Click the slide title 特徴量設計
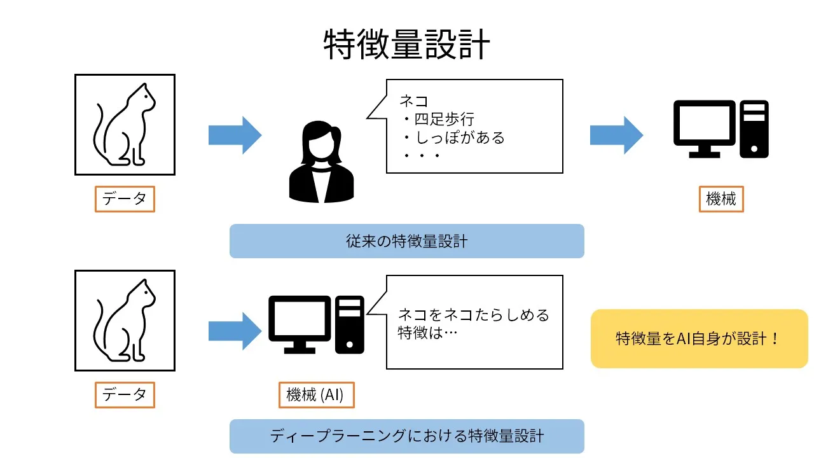click(x=407, y=45)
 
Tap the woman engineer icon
click(x=322, y=162)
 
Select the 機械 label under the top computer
click(x=721, y=199)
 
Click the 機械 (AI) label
click(x=315, y=394)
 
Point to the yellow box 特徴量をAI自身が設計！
click(x=699, y=338)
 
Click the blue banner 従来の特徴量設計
click(x=406, y=241)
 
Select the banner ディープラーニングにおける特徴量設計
click(x=406, y=436)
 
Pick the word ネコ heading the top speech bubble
click(x=414, y=101)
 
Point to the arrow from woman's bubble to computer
click(x=616, y=135)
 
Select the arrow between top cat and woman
click(x=235, y=135)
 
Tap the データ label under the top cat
click(x=125, y=199)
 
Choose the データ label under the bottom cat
click(x=125, y=394)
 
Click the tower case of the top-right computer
click(x=754, y=129)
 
